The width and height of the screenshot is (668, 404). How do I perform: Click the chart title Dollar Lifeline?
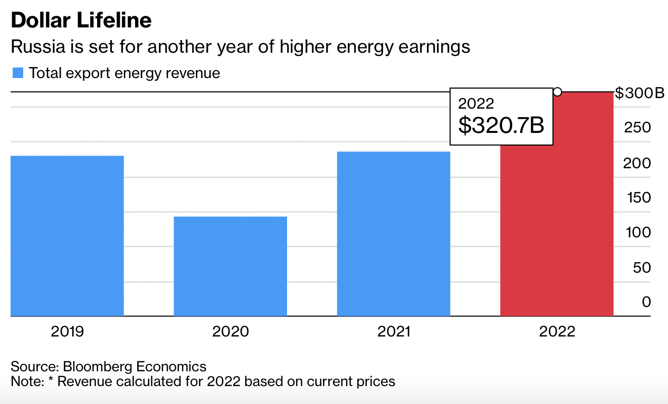(x=81, y=20)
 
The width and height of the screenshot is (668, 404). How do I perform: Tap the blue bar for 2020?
(x=230, y=266)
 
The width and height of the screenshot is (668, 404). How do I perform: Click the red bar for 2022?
(x=557, y=232)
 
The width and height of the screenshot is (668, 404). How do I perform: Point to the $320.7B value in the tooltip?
(x=501, y=125)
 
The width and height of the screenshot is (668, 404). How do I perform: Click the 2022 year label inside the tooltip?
(x=476, y=103)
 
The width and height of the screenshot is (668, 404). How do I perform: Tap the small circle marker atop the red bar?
(x=557, y=92)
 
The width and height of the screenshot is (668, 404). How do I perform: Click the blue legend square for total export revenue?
(x=18, y=73)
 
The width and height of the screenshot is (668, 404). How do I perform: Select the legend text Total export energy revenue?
(x=125, y=73)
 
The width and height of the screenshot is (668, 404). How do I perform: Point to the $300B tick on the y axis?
(x=640, y=93)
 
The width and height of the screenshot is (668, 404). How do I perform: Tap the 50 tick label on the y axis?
(x=642, y=267)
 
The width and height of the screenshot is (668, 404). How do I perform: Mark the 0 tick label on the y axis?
(x=646, y=302)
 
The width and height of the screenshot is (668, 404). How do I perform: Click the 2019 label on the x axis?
(x=67, y=332)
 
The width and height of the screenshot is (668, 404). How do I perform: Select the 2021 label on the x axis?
(x=394, y=332)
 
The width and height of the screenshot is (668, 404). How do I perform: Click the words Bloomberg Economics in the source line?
(x=135, y=367)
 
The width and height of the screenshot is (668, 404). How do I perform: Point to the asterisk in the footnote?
(x=51, y=380)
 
